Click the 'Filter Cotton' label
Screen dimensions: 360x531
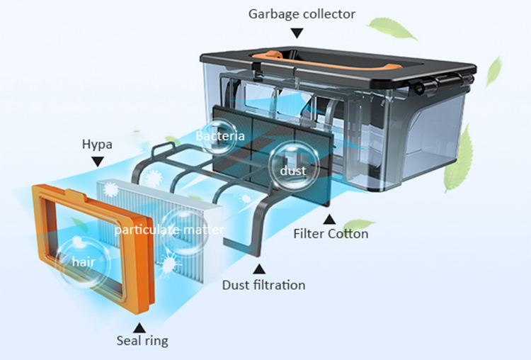point(331,233)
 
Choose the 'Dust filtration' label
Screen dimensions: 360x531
point(263,285)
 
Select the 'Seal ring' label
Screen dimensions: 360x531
point(142,341)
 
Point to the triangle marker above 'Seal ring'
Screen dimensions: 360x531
point(139,326)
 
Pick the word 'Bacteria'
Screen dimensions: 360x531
point(220,135)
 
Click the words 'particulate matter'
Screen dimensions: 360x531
point(169,230)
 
